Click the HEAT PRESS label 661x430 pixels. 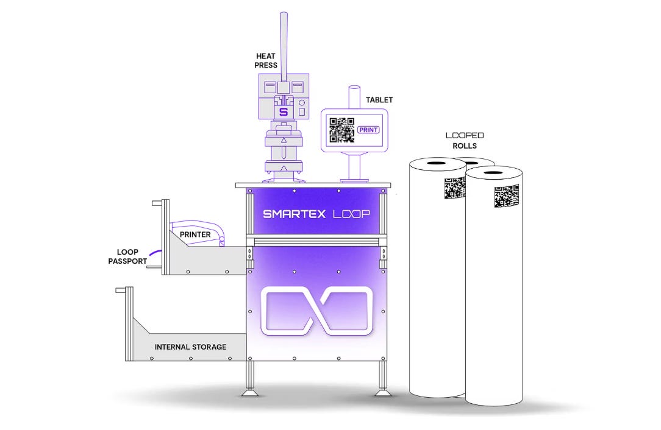pyautogui.click(x=266, y=60)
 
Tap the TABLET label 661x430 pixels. pyautogui.click(x=379, y=99)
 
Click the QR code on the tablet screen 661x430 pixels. pyautogui.click(x=342, y=130)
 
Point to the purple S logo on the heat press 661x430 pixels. pyautogui.click(x=282, y=112)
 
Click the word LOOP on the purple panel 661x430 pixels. pyautogui.click(x=351, y=214)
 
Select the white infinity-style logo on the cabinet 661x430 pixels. pyautogui.click(x=316, y=311)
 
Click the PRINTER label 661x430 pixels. pyautogui.click(x=195, y=234)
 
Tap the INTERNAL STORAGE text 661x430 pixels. pyautogui.click(x=190, y=347)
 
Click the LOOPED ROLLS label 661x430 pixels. pyautogui.click(x=461, y=141)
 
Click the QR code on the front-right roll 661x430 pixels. pyautogui.click(x=506, y=196)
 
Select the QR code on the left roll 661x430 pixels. pyautogui.click(x=455, y=188)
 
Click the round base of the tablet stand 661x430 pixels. pyautogui.click(x=354, y=180)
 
